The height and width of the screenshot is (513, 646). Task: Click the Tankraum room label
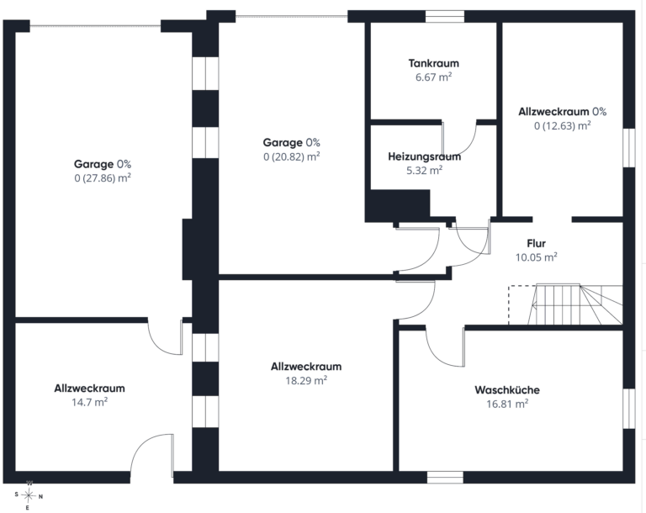[433, 63]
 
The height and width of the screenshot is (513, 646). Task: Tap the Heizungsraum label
[424, 156]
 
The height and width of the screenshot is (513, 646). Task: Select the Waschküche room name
[507, 390]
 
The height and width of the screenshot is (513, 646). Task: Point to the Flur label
[536, 243]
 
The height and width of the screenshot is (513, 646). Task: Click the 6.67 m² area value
[433, 77]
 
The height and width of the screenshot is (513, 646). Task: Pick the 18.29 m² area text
[306, 380]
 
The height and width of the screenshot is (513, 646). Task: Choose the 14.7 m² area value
[90, 402]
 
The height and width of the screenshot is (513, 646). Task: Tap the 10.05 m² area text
[536, 257]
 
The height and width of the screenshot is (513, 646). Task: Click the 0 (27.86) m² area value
[103, 178]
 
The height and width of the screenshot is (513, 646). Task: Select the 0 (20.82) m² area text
[292, 156]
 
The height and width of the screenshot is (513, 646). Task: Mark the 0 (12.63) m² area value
[563, 125]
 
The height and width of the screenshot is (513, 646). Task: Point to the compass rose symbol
[28, 494]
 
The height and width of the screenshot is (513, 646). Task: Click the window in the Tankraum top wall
[444, 17]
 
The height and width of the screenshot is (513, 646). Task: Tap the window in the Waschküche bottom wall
[445, 477]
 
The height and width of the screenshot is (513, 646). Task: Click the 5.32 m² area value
[424, 170]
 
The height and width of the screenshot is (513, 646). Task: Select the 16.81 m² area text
[507, 404]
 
